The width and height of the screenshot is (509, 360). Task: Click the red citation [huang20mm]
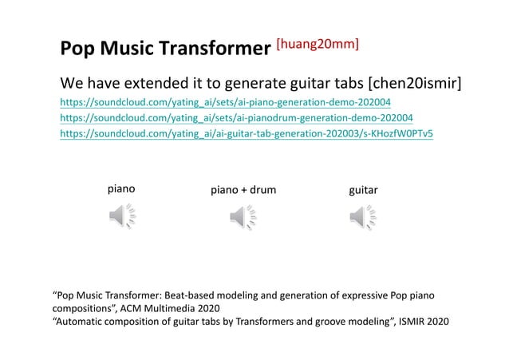(317, 43)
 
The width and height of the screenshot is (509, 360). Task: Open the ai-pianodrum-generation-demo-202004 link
(237, 118)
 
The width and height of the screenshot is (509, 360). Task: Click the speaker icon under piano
(122, 216)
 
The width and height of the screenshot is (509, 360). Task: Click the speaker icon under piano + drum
(243, 216)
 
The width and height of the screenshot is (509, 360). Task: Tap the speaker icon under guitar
(362, 216)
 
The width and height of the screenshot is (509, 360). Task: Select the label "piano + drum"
(243, 191)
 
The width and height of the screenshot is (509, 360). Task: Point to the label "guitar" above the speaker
(363, 191)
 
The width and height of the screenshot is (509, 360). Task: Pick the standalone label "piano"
(121, 190)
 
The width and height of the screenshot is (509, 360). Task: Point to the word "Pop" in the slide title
(78, 49)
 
